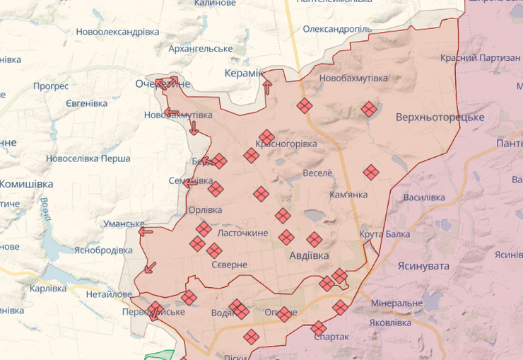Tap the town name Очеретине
(163, 84)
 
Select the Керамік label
(242, 74)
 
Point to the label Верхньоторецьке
(440, 117)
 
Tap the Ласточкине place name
(242, 233)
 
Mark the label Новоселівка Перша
(88, 158)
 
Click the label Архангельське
(201, 48)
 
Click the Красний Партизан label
(480, 58)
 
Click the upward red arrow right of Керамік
(267, 86)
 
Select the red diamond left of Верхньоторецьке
(368, 109)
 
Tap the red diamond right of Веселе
(371, 172)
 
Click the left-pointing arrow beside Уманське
(146, 231)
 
